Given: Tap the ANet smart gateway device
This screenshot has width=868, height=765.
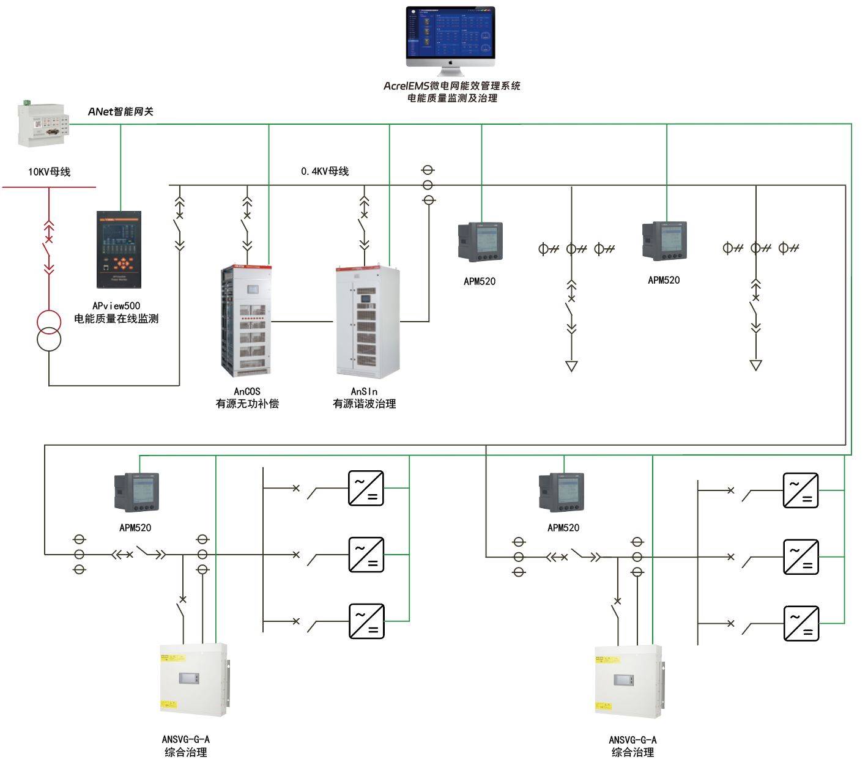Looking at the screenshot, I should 42,125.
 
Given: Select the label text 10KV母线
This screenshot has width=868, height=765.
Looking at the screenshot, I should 49,172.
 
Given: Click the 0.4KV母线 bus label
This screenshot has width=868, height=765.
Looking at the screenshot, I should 325,171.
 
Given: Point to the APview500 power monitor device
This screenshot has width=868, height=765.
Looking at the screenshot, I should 119,249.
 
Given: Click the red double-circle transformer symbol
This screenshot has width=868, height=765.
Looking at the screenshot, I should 49,330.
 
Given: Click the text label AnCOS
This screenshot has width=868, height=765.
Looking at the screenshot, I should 247,391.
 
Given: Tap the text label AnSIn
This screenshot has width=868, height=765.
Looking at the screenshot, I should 364,391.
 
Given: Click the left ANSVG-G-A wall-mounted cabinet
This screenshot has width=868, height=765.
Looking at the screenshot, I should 193,678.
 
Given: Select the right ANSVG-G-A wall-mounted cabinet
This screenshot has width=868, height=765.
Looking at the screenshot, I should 628,681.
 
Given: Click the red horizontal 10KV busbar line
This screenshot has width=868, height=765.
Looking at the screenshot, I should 49,187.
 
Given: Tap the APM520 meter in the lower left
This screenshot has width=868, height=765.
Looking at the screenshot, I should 137,492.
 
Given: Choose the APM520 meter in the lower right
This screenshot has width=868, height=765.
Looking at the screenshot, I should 561,492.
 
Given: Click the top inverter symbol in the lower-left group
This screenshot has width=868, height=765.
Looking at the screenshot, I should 366,488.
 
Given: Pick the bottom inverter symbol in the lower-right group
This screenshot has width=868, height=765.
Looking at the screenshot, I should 801,623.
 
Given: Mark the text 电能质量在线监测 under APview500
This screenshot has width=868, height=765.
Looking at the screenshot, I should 116,319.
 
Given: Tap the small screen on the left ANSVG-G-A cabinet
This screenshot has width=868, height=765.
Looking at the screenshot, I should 188,678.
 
